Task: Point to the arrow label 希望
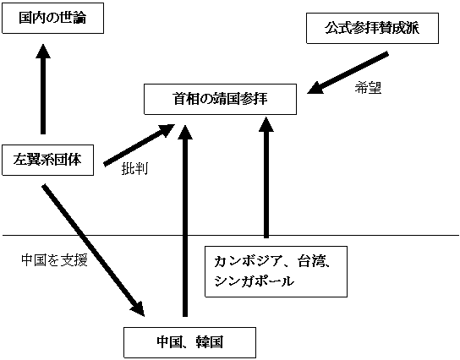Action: (368, 87)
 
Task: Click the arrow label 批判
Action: (134, 168)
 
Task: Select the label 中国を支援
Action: (55, 260)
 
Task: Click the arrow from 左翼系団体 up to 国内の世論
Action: (43, 89)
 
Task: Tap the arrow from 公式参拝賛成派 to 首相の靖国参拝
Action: (348, 73)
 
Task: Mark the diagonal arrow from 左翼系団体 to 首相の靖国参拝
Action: (140, 145)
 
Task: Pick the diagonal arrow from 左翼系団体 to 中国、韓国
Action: (93, 250)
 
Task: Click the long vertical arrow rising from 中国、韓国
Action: (185, 221)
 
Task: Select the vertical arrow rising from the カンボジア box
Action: (266, 177)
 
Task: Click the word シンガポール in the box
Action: (254, 281)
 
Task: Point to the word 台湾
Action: (311, 261)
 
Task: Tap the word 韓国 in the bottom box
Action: (210, 342)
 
